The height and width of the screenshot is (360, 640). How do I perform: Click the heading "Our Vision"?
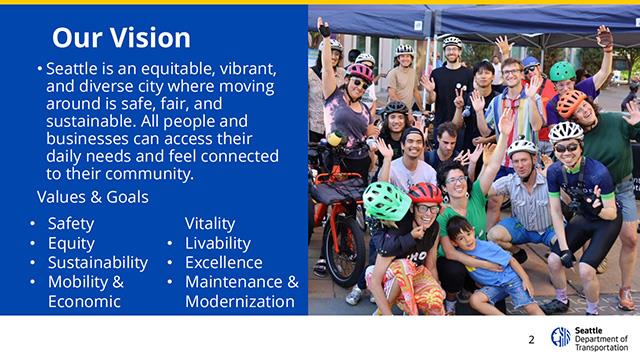click(121, 38)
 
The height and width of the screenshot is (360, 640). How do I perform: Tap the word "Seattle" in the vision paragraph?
click(72, 69)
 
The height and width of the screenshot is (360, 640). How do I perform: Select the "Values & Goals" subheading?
click(93, 197)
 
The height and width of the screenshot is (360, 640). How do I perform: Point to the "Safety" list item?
click(71, 224)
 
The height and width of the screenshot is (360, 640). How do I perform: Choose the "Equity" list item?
click(71, 244)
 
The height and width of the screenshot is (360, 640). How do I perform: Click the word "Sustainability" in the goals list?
click(98, 263)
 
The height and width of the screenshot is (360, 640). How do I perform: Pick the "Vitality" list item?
click(210, 224)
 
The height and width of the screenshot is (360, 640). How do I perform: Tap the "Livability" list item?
click(218, 243)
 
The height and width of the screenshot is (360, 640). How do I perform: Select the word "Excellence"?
click(224, 262)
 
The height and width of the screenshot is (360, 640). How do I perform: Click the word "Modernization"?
click(240, 302)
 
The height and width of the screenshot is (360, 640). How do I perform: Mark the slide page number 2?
click(531, 340)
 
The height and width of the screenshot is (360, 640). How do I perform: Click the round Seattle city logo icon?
click(560, 337)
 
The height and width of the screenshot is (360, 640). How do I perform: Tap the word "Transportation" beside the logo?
click(601, 348)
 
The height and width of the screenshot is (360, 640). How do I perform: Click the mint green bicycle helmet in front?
click(386, 201)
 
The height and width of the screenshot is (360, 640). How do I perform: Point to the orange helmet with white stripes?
click(571, 103)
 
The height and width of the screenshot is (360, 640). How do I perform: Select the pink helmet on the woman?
click(360, 72)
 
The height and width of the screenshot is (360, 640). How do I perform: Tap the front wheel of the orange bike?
click(344, 252)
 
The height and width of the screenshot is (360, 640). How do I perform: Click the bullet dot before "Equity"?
click(33, 243)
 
